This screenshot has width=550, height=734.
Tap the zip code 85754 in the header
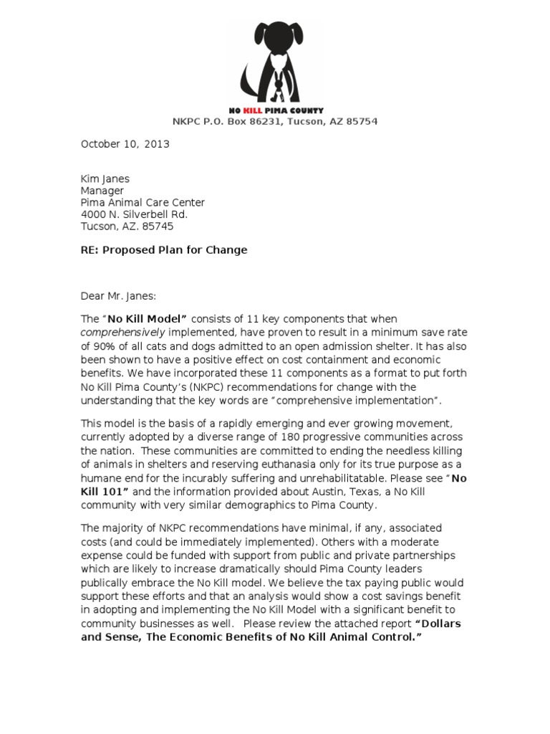(362, 121)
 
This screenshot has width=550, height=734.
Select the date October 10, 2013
(125, 143)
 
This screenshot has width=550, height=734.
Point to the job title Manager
(102, 191)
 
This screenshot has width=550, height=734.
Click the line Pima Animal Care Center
(143, 203)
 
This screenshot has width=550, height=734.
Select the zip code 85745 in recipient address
(158, 226)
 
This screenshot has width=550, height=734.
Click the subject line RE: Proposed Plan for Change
(163, 249)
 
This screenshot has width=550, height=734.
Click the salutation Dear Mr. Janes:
(120, 295)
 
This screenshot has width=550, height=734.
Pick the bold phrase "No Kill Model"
(148, 318)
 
